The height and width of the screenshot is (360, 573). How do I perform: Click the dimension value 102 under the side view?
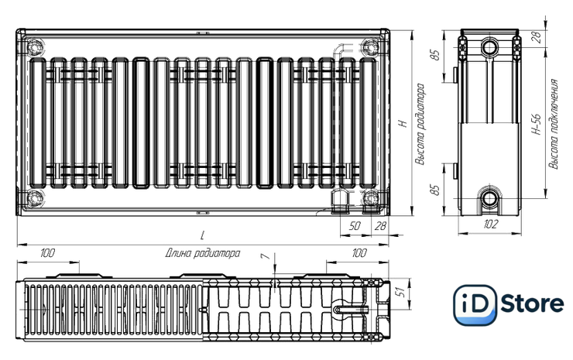(490, 224)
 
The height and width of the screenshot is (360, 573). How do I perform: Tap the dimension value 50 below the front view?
(354, 226)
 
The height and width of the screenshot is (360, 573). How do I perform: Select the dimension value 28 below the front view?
(380, 226)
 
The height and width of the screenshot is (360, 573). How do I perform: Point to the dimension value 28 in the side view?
(537, 37)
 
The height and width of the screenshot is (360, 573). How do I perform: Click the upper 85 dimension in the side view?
(435, 54)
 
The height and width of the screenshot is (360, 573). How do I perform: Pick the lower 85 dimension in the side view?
(435, 190)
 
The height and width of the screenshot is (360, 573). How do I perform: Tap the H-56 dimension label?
(536, 125)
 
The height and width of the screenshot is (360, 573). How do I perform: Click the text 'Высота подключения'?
(554, 125)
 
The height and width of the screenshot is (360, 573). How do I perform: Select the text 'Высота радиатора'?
(420, 125)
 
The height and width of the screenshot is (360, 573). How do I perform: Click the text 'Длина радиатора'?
(203, 253)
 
